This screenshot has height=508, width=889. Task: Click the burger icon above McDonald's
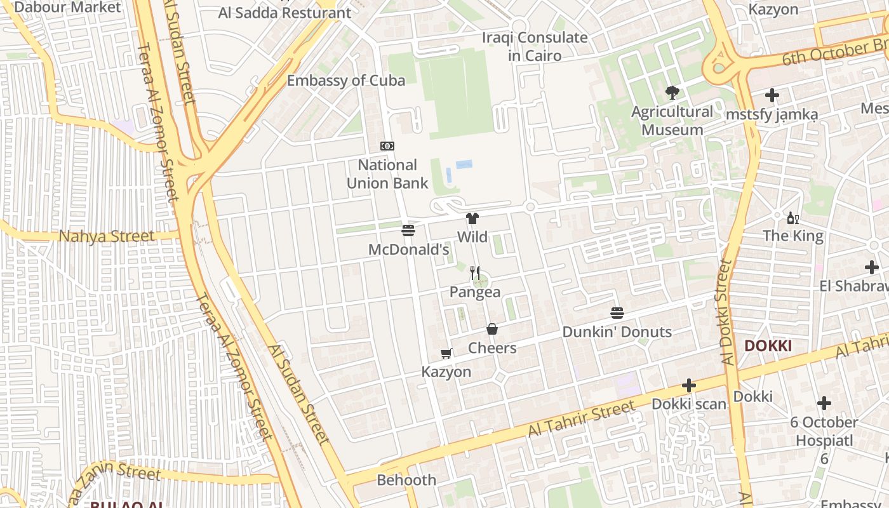click(x=408, y=230)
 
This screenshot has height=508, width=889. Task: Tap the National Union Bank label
click(x=387, y=174)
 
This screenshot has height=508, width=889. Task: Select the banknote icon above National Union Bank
click(x=387, y=146)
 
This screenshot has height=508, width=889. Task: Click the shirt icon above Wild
click(x=472, y=219)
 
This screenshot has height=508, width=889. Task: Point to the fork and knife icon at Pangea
click(x=475, y=273)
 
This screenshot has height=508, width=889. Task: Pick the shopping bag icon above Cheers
click(x=492, y=329)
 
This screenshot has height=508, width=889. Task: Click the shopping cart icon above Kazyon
click(x=446, y=353)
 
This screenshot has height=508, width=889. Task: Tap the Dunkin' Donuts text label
click(x=617, y=332)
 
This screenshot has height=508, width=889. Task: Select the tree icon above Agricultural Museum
click(x=672, y=93)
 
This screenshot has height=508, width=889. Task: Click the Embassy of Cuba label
click(x=346, y=81)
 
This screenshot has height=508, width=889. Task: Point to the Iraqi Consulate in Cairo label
click(x=535, y=46)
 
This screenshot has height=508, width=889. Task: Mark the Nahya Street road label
click(x=107, y=237)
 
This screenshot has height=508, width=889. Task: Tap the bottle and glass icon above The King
click(x=792, y=218)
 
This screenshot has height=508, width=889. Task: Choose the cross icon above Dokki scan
click(x=689, y=385)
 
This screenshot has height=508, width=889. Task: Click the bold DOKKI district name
click(x=768, y=346)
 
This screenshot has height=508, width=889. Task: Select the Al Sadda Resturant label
click(x=284, y=13)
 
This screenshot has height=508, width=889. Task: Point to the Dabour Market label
click(x=67, y=8)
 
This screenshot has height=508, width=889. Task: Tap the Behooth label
click(x=406, y=480)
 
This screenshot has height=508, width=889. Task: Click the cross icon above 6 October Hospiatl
click(x=824, y=403)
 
